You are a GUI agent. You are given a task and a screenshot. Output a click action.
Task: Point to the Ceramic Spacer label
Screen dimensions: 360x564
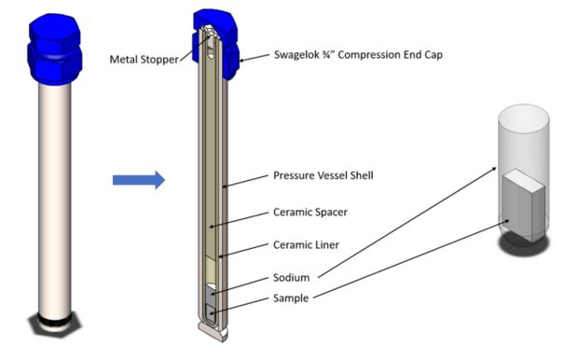(310, 212)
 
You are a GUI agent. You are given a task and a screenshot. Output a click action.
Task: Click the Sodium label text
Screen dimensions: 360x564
(292, 276)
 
